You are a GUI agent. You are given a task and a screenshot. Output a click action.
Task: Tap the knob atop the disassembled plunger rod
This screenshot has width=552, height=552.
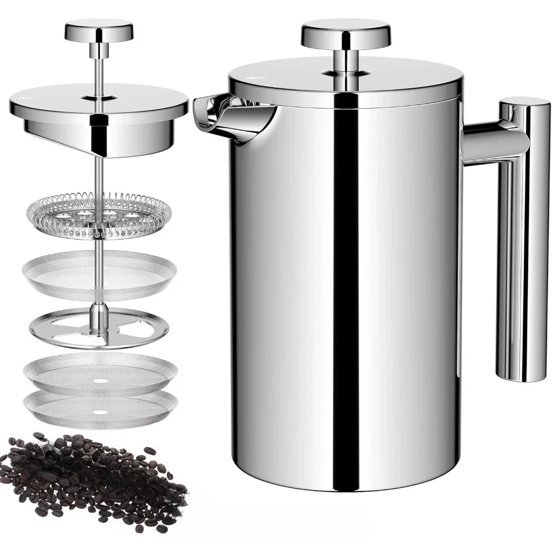point(99,30)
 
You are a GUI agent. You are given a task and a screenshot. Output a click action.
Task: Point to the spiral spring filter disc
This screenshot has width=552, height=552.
point(99,215)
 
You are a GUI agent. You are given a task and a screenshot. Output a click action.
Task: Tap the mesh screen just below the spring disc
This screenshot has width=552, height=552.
point(99,270)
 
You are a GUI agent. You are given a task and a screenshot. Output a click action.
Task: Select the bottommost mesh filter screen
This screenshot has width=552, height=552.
point(100,408)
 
